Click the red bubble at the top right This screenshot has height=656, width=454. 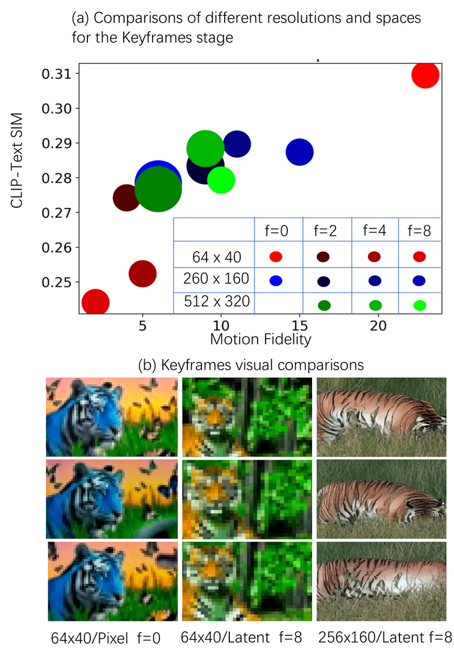[x=425, y=75]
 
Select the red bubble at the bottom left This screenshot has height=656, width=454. [x=95, y=302]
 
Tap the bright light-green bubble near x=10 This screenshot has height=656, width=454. [x=221, y=181]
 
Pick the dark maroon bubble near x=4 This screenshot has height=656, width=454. [x=127, y=197]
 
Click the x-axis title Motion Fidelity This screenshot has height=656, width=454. [x=260, y=340]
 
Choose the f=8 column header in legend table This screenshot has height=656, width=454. [x=420, y=231]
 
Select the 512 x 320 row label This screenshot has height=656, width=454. [x=217, y=302]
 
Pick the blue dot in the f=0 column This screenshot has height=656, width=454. [x=276, y=279]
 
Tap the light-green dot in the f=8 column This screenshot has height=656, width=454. [x=420, y=306]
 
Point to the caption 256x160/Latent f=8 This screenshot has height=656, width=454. [x=385, y=637]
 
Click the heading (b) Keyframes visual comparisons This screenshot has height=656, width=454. [x=250, y=364]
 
